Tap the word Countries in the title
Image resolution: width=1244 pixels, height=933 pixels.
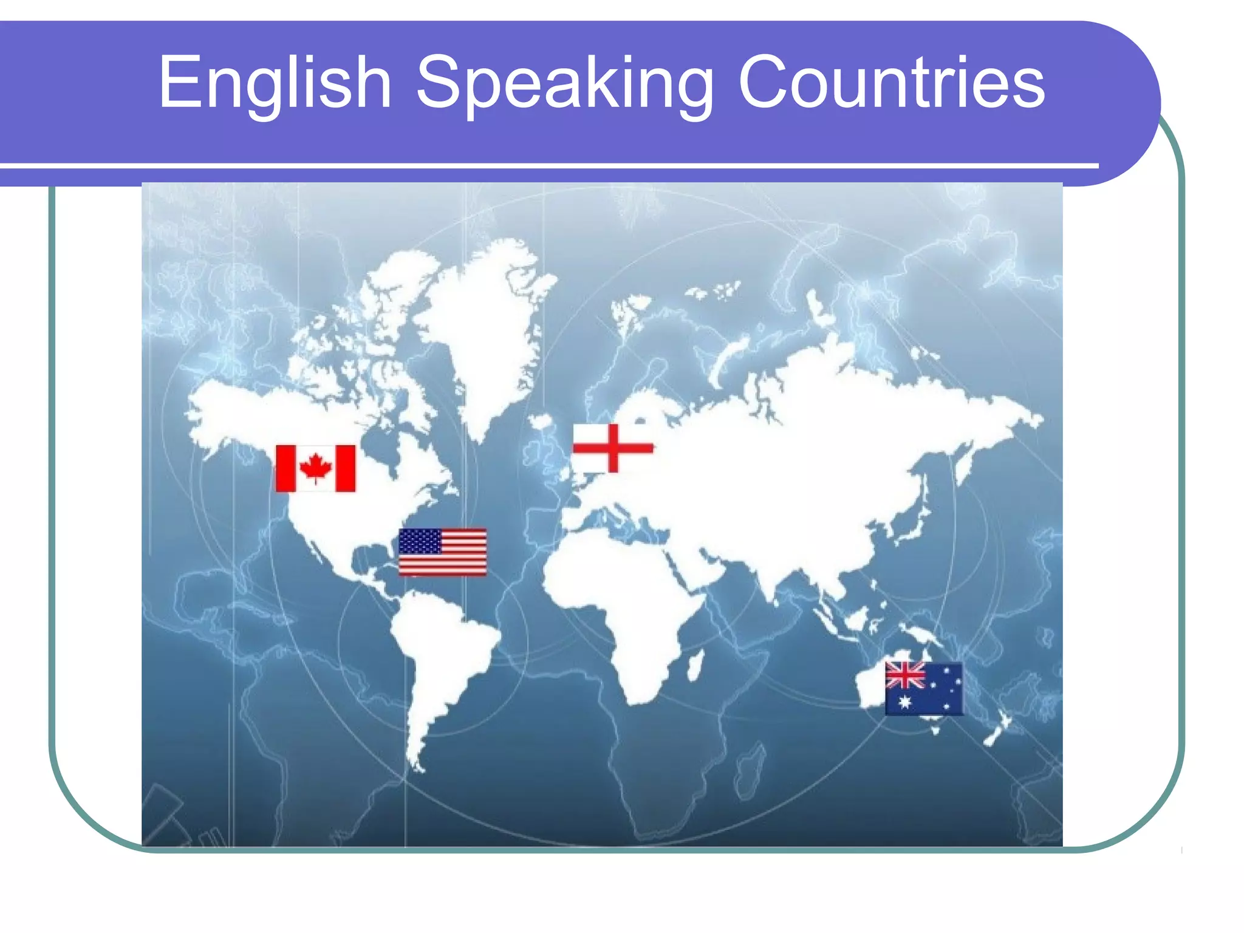892,83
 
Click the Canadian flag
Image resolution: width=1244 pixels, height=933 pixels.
315,468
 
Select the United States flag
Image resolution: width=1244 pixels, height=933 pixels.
442,552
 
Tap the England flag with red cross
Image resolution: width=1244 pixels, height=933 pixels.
613,448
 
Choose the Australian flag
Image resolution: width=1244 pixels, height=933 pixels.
923,688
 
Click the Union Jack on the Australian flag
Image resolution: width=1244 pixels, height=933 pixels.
905,675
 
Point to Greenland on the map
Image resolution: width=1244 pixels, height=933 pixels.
486,322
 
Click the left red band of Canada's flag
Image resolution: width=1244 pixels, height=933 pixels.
285,468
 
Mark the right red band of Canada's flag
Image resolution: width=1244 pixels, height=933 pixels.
346,468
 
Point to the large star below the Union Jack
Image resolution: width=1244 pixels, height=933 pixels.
905,702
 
